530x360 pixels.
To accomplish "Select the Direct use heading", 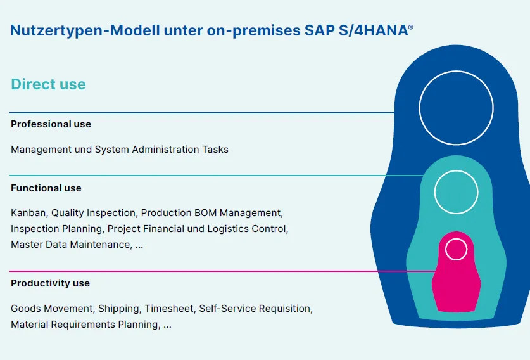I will coord(48,84).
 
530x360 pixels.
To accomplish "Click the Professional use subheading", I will coord(51,124).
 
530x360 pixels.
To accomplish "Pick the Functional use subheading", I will coord(46,188).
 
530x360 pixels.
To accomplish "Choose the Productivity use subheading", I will coord(50,283).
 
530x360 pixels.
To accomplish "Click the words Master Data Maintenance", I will coord(70,245).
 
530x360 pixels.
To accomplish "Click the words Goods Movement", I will coord(53,309).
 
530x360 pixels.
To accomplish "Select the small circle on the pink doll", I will coord(456,249).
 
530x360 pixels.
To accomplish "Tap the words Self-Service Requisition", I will coord(255,309).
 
